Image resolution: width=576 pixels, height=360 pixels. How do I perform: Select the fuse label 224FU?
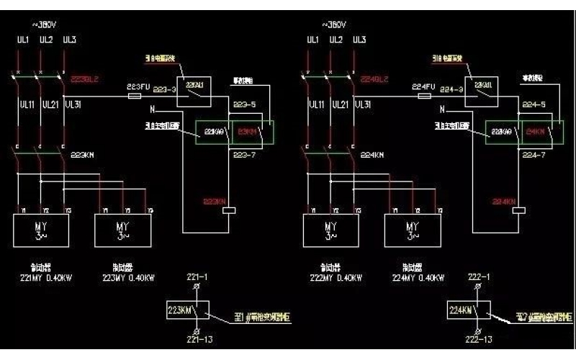click(x=423, y=86)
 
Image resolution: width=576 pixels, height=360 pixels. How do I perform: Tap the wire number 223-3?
click(x=164, y=90)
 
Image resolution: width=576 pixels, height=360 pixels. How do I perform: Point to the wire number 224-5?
click(x=533, y=104)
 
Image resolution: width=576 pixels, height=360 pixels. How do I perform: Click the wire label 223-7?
click(x=245, y=155)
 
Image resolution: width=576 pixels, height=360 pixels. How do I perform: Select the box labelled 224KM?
click(x=469, y=311)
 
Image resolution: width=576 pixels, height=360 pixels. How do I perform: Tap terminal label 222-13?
click(x=478, y=339)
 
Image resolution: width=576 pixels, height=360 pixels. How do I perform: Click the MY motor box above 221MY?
click(x=40, y=230)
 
